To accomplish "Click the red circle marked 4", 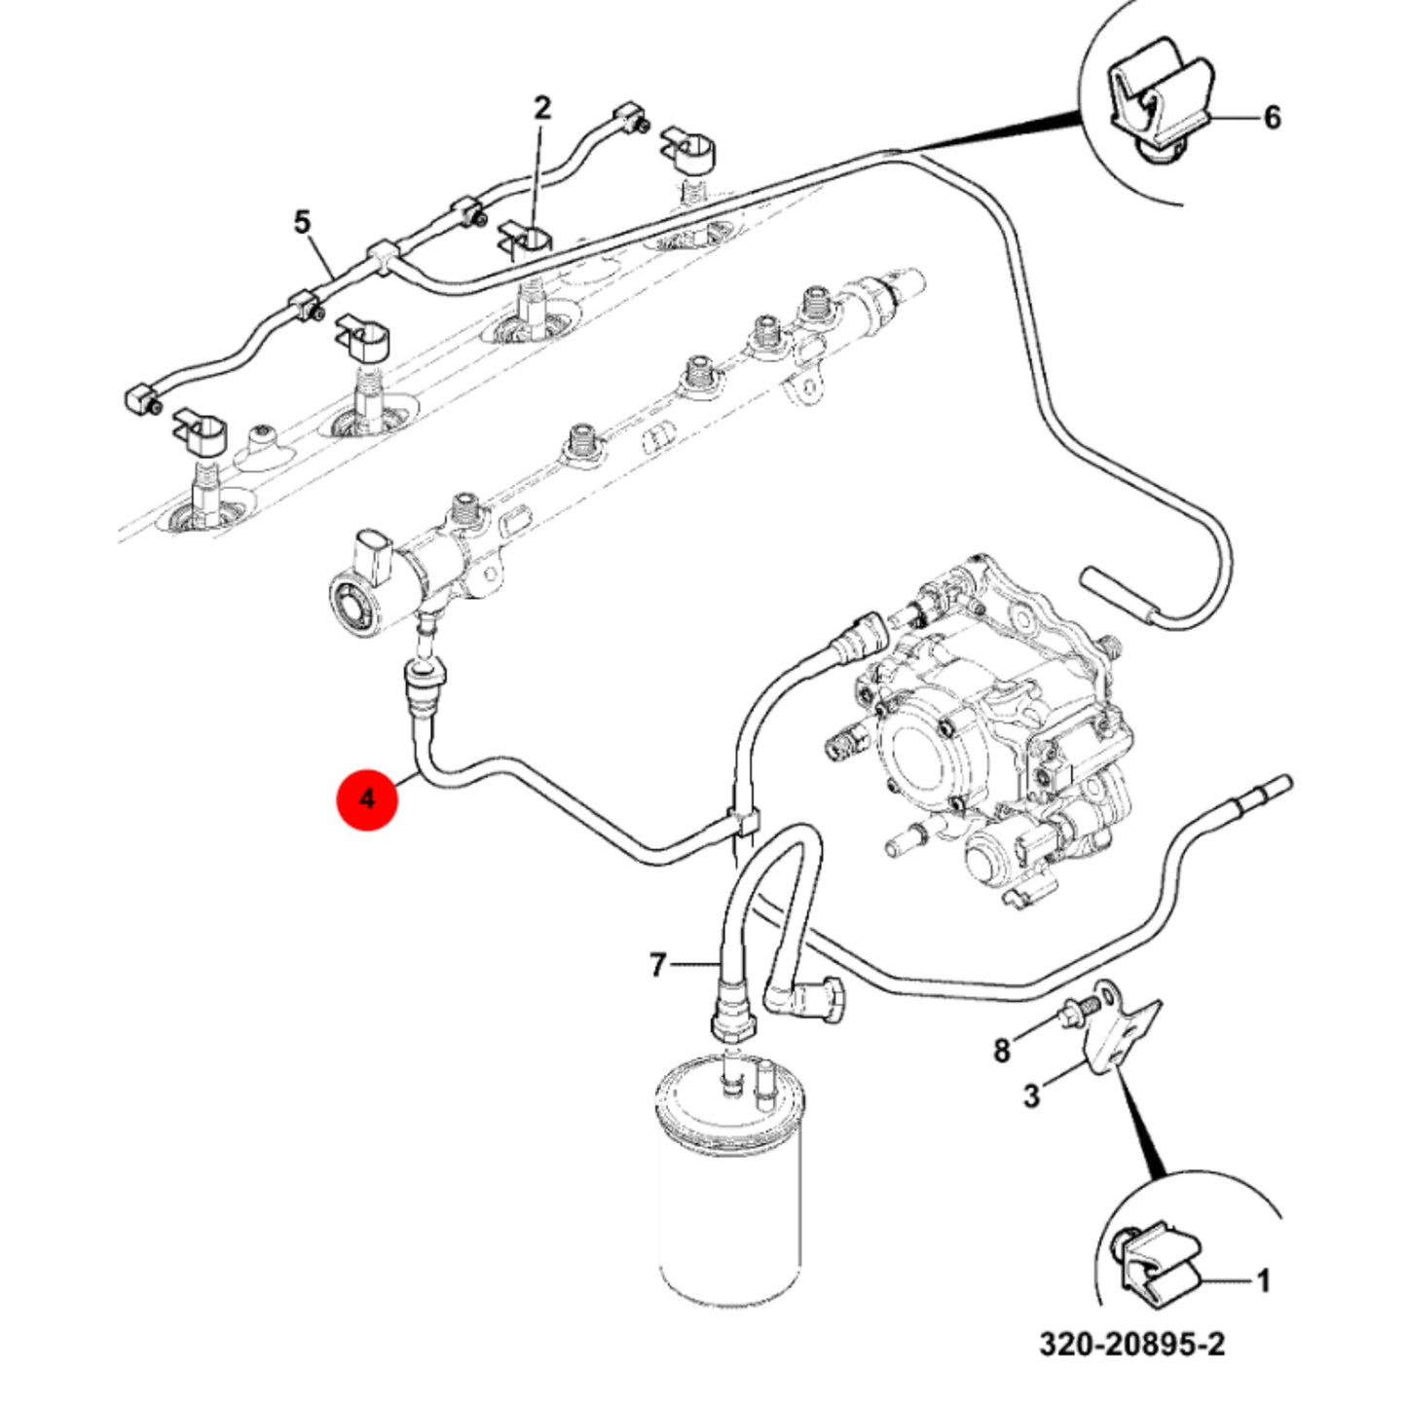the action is [x=366, y=799].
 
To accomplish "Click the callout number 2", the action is [x=541, y=109].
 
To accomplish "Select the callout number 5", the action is [x=302, y=222].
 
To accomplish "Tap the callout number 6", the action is [x=1272, y=118].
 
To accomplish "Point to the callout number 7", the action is [x=657, y=965].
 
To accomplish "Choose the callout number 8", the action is [x=1002, y=1052].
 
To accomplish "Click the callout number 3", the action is [x=1031, y=1096].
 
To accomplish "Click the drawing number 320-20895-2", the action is [x=1131, y=1364].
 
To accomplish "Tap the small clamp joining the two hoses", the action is [x=743, y=822].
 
